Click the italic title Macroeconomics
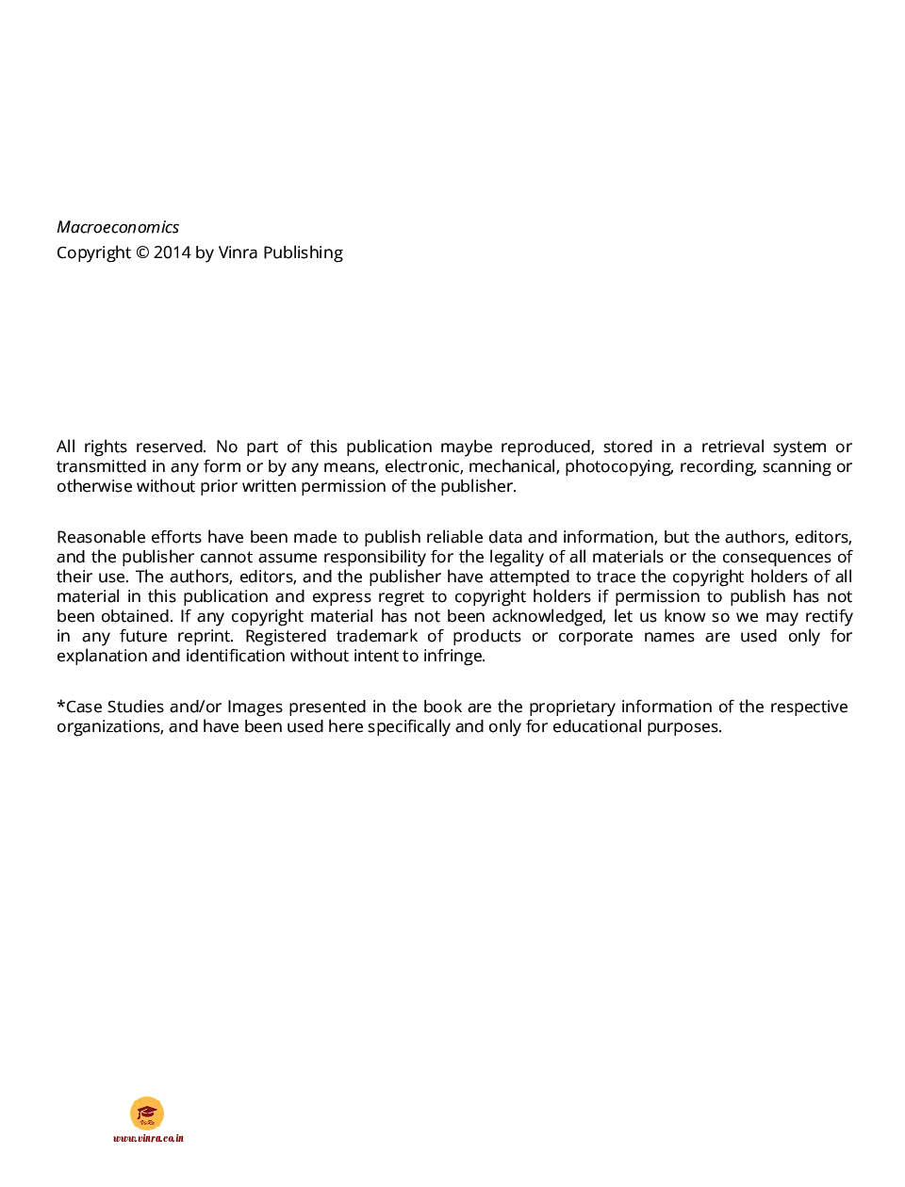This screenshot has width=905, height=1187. click(118, 227)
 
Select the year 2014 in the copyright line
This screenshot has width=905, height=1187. click(173, 252)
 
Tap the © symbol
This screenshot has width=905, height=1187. click(142, 252)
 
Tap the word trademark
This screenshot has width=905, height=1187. click(376, 636)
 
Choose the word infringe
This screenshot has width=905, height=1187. click(452, 656)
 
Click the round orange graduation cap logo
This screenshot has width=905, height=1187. click(147, 1113)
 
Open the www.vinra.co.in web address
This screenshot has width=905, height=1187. click(148, 1138)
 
